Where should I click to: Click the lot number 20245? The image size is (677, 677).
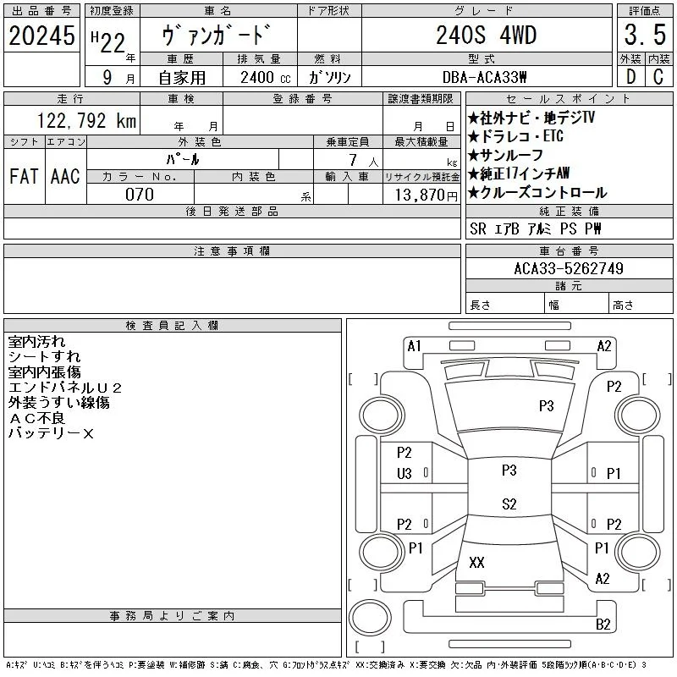pyautogui.click(x=41, y=36)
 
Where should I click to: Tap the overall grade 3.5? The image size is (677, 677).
pyautogui.click(x=645, y=35)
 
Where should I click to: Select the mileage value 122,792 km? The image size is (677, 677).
pyautogui.click(x=86, y=121)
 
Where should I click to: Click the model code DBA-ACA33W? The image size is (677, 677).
pyautogui.click(x=484, y=77)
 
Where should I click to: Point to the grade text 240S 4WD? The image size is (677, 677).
pyautogui.click(x=486, y=35)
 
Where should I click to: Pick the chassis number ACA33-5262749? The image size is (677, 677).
pyautogui.click(x=569, y=268)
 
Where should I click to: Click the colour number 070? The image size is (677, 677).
pyautogui.click(x=140, y=195)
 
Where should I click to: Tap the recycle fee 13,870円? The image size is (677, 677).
pyautogui.click(x=427, y=195)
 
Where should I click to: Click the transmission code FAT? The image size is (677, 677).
pyautogui.click(x=24, y=176)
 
